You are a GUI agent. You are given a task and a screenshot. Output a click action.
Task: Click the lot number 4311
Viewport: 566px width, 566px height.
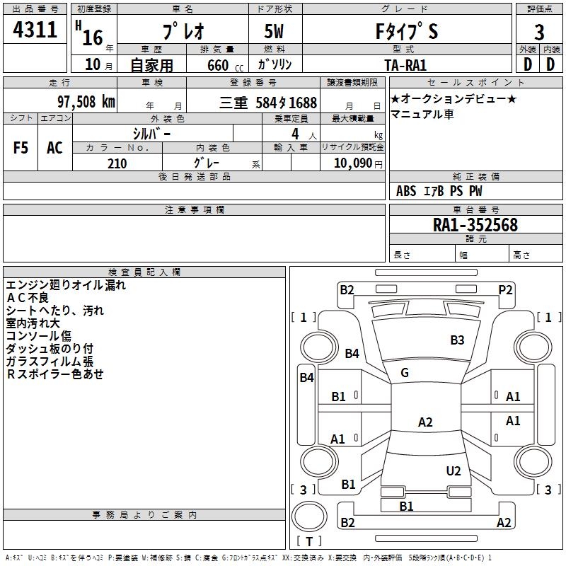(35, 30)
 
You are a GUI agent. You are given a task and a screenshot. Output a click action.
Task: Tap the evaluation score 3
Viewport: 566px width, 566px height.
(539, 32)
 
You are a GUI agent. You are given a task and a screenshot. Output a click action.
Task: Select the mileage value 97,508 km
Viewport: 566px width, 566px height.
(86, 101)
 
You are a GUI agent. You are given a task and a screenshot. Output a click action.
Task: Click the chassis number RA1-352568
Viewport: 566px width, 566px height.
(475, 225)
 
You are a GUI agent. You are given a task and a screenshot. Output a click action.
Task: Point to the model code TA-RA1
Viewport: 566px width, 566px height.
(405, 64)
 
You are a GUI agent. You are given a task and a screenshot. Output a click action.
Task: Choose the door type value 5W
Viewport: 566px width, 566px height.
(275, 32)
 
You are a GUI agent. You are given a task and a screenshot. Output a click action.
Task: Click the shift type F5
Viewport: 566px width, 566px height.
(21, 148)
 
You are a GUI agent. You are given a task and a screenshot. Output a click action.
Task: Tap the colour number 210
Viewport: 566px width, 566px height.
(117, 163)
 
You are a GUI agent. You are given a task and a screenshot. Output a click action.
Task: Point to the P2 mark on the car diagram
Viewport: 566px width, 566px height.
(505, 289)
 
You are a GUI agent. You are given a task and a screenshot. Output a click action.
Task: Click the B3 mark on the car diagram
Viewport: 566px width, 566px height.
(458, 340)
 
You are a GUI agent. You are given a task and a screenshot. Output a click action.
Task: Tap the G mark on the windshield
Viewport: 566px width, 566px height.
(405, 373)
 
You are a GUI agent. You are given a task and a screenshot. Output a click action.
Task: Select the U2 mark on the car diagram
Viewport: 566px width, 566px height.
(454, 470)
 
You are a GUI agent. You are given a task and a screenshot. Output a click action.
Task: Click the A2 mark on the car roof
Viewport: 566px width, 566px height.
(425, 422)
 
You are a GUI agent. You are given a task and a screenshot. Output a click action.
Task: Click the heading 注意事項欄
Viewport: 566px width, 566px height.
(195, 210)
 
